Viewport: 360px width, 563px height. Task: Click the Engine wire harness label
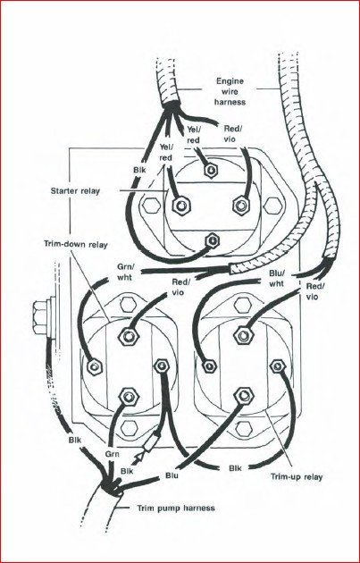pyautogui.click(x=230, y=91)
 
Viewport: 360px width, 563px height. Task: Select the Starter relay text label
pyautogui.click(x=75, y=190)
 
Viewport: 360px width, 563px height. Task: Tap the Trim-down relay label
pyautogui.click(x=76, y=245)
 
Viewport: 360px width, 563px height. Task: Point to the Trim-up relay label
pyautogui.click(x=297, y=477)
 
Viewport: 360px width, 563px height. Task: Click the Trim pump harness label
pyautogui.click(x=176, y=508)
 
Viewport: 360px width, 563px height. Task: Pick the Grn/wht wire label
pyautogui.click(x=124, y=273)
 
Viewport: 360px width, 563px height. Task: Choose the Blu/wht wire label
pyautogui.click(x=276, y=278)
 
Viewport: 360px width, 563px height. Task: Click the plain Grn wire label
pyautogui.click(x=112, y=454)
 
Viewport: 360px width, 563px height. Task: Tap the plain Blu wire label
pyautogui.click(x=172, y=476)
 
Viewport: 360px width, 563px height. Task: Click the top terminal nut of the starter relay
pyautogui.click(x=209, y=170)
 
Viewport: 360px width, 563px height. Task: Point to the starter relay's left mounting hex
pyautogui.click(x=151, y=206)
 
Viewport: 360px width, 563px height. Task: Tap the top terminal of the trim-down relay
pyautogui.click(x=129, y=336)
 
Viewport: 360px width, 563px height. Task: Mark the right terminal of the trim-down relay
pyautogui.click(x=161, y=366)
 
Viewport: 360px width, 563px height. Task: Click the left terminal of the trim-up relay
pyautogui.click(x=208, y=366)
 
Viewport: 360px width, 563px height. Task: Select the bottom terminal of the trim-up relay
pyautogui.click(x=244, y=396)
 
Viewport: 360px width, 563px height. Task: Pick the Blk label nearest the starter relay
pyautogui.click(x=139, y=170)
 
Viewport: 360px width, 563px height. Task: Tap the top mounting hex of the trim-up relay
pyautogui.click(x=242, y=305)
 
